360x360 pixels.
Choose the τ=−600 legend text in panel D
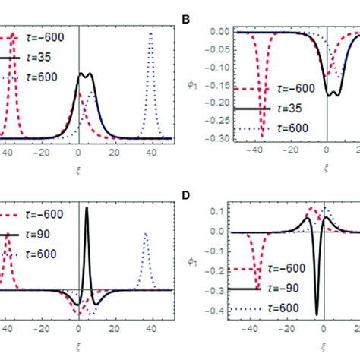click(x=298, y=270)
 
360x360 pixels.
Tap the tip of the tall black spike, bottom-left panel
click(x=87, y=209)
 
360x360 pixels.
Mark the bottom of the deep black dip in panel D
click(x=317, y=313)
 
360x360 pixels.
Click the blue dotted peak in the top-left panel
click(x=152, y=33)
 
